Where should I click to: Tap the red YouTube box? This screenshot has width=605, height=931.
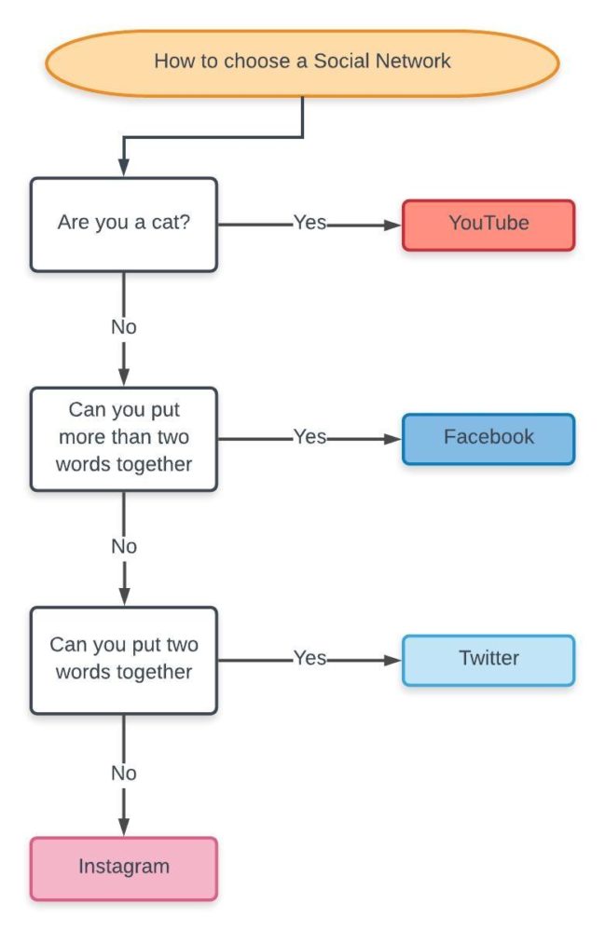click(488, 225)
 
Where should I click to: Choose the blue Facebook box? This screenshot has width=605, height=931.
click(488, 438)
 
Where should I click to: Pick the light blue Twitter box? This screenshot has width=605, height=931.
click(488, 659)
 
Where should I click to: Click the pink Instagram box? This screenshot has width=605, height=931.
click(124, 868)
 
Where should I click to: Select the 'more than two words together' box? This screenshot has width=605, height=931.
click(124, 439)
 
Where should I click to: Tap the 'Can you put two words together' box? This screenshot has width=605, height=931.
click(124, 659)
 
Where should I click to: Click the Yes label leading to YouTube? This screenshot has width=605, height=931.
click(309, 224)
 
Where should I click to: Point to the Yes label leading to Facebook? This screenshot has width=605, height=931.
click(309, 437)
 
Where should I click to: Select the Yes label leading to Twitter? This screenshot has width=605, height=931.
click(309, 658)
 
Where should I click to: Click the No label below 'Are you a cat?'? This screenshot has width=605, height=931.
click(124, 328)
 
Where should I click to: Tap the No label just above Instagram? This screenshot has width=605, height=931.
click(124, 774)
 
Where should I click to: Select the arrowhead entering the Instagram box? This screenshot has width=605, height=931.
click(124, 827)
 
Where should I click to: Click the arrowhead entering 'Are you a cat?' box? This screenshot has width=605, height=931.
click(124, 169)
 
